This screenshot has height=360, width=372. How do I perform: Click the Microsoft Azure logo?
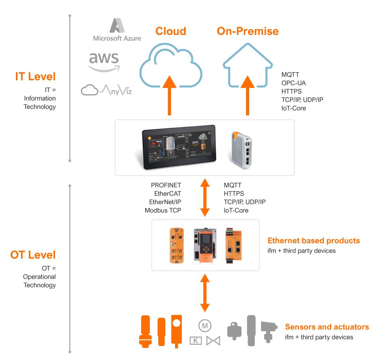[x=117, y=30]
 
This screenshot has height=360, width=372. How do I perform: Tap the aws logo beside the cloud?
[x=104, y=62]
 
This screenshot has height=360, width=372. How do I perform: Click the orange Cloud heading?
[x=171, y=31]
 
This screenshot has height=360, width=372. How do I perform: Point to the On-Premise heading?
[x=248, y=31]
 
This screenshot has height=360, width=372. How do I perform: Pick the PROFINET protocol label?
[x=166, y=185]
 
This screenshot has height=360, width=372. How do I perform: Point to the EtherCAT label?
[x=168, y=194]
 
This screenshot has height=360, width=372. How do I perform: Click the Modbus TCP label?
[x=163, y=210]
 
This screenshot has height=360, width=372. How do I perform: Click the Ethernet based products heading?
[x=314, y=241]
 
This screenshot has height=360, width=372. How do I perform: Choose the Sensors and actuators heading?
[x=327, y=327]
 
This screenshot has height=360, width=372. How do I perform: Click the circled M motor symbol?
[x=205, y=326]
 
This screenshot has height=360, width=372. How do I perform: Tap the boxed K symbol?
[x=196, y=340]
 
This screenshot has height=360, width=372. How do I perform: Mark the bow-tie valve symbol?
[x=213, y=341]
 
